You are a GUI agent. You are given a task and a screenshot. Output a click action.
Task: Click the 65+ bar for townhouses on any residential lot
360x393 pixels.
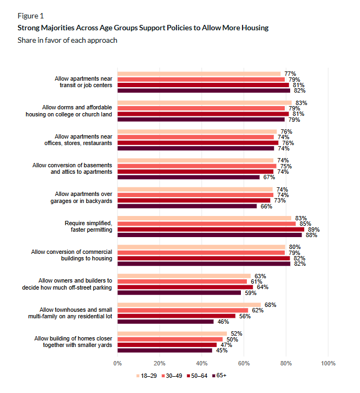[x=165, y=322]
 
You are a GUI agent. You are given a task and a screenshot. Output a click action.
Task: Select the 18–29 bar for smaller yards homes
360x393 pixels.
[x=172, y=333]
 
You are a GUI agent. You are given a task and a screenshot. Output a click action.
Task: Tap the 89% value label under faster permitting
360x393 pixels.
[x=313, y=230]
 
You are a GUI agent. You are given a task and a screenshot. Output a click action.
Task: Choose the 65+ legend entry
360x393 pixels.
[x=218, y=375]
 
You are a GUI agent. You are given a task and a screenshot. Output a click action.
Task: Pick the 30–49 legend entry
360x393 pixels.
[x=171, y=375]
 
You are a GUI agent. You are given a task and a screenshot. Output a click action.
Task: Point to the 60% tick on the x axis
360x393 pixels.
[x=244, y=363]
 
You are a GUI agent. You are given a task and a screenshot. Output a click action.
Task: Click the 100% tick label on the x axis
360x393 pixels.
[x=328, y=363]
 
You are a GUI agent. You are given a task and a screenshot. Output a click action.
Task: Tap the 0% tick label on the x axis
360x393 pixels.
[x=117, y=363]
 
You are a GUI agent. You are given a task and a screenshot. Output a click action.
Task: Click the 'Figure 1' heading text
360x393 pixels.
[x=31, y=16]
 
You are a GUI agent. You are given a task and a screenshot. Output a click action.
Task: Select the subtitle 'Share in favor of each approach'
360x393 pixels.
[x=67, y=40]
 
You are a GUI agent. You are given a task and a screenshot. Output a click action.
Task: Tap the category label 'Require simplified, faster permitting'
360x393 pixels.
[x=88, y=226]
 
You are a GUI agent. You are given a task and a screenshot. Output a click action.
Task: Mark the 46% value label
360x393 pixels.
[x=221, y=322]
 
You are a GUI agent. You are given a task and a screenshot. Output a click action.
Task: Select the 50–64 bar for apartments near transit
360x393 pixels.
[x=203, y=85]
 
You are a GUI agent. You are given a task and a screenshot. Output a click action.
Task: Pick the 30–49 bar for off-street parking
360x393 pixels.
[x=182, y=281]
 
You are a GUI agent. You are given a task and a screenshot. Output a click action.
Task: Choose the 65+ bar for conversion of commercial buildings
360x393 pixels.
[x=204, y=264]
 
